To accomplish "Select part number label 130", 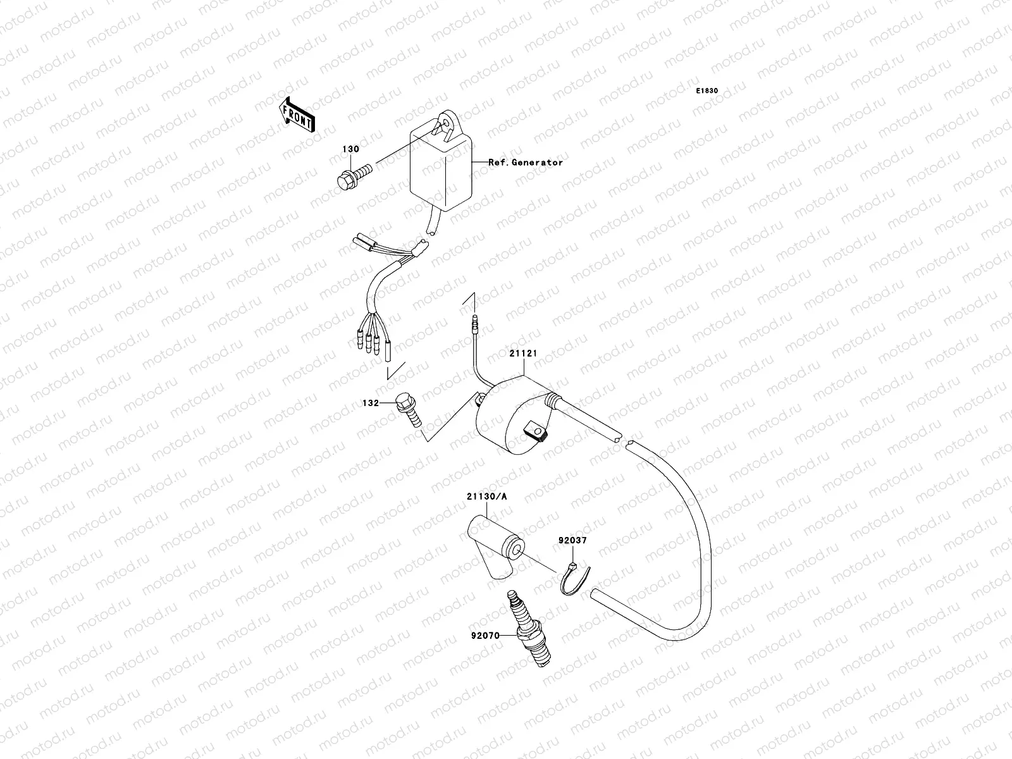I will (351, 149).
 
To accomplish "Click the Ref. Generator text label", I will (525, 163).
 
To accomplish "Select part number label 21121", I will (523, 354).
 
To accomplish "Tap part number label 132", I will (371, 402).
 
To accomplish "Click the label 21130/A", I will (487, 497).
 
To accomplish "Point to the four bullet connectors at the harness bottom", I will (371, 345).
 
